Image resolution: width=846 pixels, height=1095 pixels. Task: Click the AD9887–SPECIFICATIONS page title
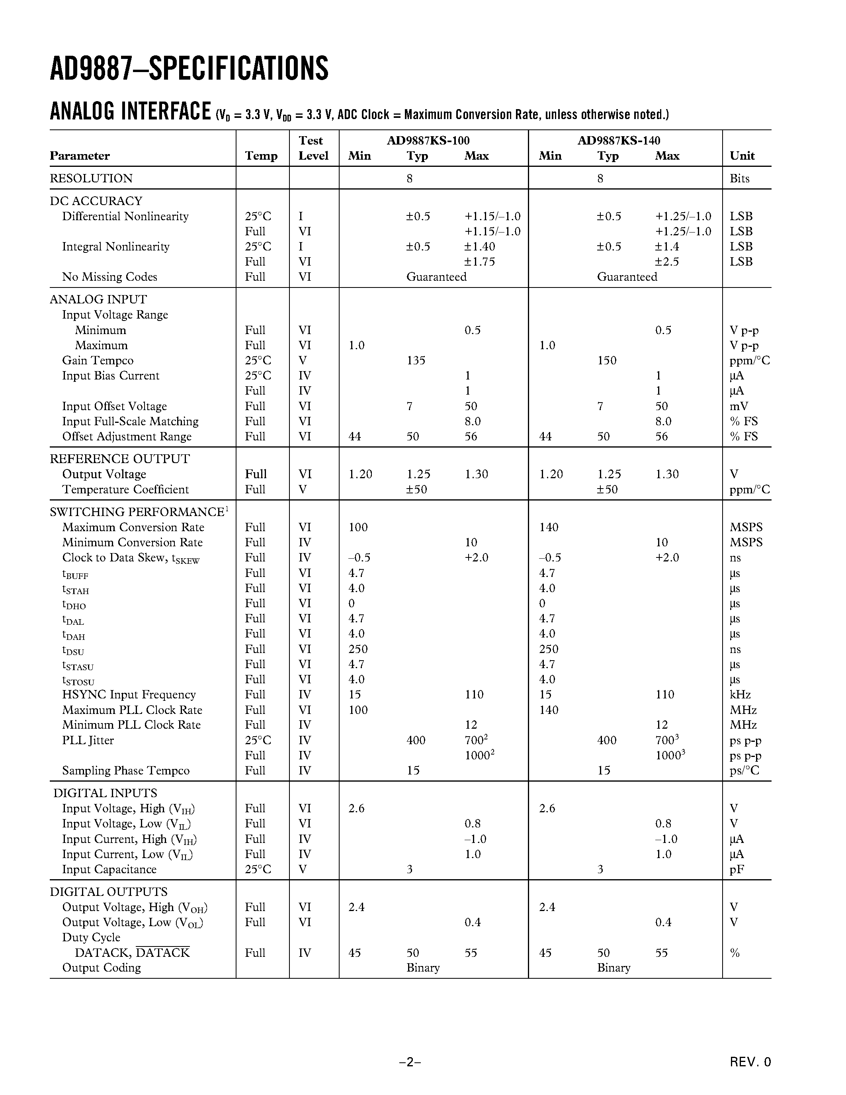[x=189, y=69]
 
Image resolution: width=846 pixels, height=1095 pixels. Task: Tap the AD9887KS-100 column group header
[x=428, y=141]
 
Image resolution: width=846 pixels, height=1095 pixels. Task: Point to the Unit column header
[x=742, y=156]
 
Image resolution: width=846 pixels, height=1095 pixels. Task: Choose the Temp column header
[x=261, y=156]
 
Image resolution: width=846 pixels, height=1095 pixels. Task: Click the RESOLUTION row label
[x=91, y=178]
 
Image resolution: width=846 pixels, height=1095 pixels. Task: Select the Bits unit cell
[x=739, y=178]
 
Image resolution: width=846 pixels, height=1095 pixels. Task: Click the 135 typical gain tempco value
[x=416, y=360]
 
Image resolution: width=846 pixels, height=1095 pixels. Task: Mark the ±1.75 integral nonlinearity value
[x=480, y=262]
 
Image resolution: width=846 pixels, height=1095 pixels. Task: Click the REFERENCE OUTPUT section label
[x=119, y=459]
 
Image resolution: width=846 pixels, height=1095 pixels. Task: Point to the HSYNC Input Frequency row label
[x=129, y=694]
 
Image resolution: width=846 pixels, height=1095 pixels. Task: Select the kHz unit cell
[x=740, y=694]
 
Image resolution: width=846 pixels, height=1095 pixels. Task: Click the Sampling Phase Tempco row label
[x=126, y=770]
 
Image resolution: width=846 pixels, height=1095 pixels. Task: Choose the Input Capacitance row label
[x=109, y=869]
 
